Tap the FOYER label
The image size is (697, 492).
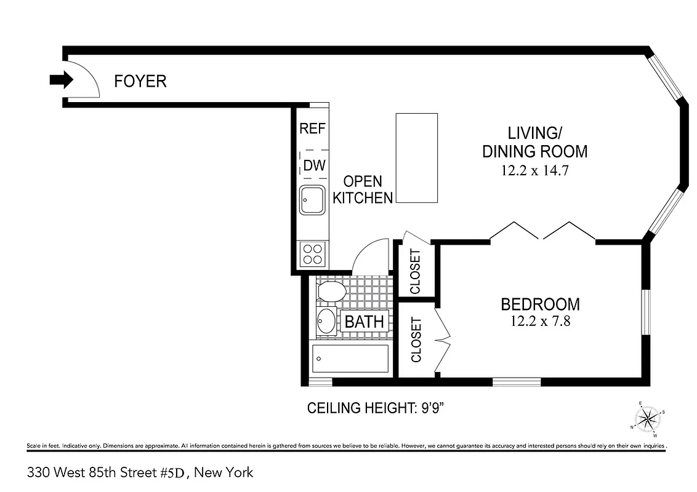140,81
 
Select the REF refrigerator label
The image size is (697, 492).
312,129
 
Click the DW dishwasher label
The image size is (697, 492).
314,165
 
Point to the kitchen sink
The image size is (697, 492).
313,200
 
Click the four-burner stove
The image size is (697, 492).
313,253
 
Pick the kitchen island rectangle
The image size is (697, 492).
416,158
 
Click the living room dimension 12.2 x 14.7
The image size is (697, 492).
534,170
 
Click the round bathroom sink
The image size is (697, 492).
326,320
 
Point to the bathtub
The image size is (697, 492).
350,359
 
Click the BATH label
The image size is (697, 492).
364,321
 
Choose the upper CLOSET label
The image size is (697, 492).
415,271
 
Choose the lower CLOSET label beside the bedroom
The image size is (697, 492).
416,339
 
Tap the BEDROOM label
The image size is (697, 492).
540,304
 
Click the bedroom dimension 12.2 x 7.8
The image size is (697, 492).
540,320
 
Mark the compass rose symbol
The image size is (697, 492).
648,418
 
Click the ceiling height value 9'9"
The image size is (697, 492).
429,408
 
